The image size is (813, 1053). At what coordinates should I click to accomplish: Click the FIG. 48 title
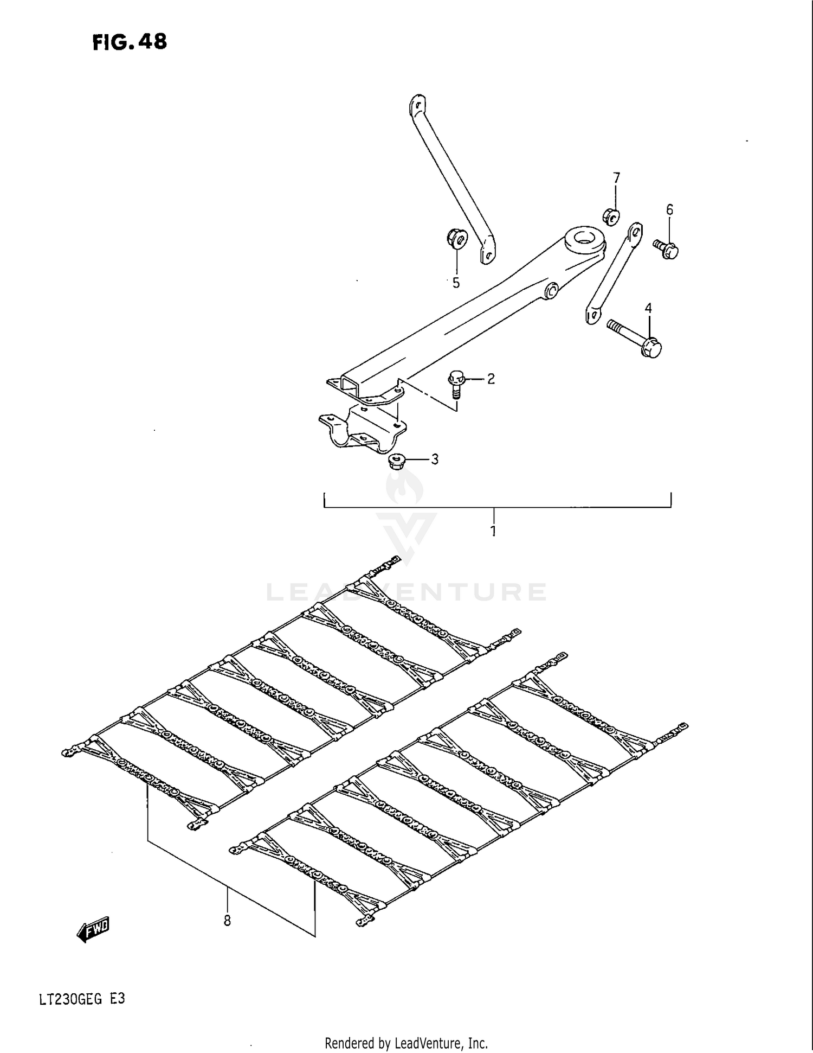(130, 42)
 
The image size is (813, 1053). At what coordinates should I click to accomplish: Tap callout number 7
(616, 178)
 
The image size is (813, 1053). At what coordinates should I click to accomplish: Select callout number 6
(669, 209)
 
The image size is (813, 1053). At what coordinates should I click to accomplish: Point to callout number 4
(648, 308)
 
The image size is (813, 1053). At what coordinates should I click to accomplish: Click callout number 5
(456, 283)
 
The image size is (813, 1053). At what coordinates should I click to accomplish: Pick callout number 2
(491, 379)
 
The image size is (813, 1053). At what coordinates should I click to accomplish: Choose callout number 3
(434, 460)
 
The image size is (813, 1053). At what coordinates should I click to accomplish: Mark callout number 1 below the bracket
(493, 531)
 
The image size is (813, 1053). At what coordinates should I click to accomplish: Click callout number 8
(227, 920)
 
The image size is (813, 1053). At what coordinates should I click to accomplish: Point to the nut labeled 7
(611, 215)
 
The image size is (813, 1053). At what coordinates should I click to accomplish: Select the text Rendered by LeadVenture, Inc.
(406, 1043)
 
